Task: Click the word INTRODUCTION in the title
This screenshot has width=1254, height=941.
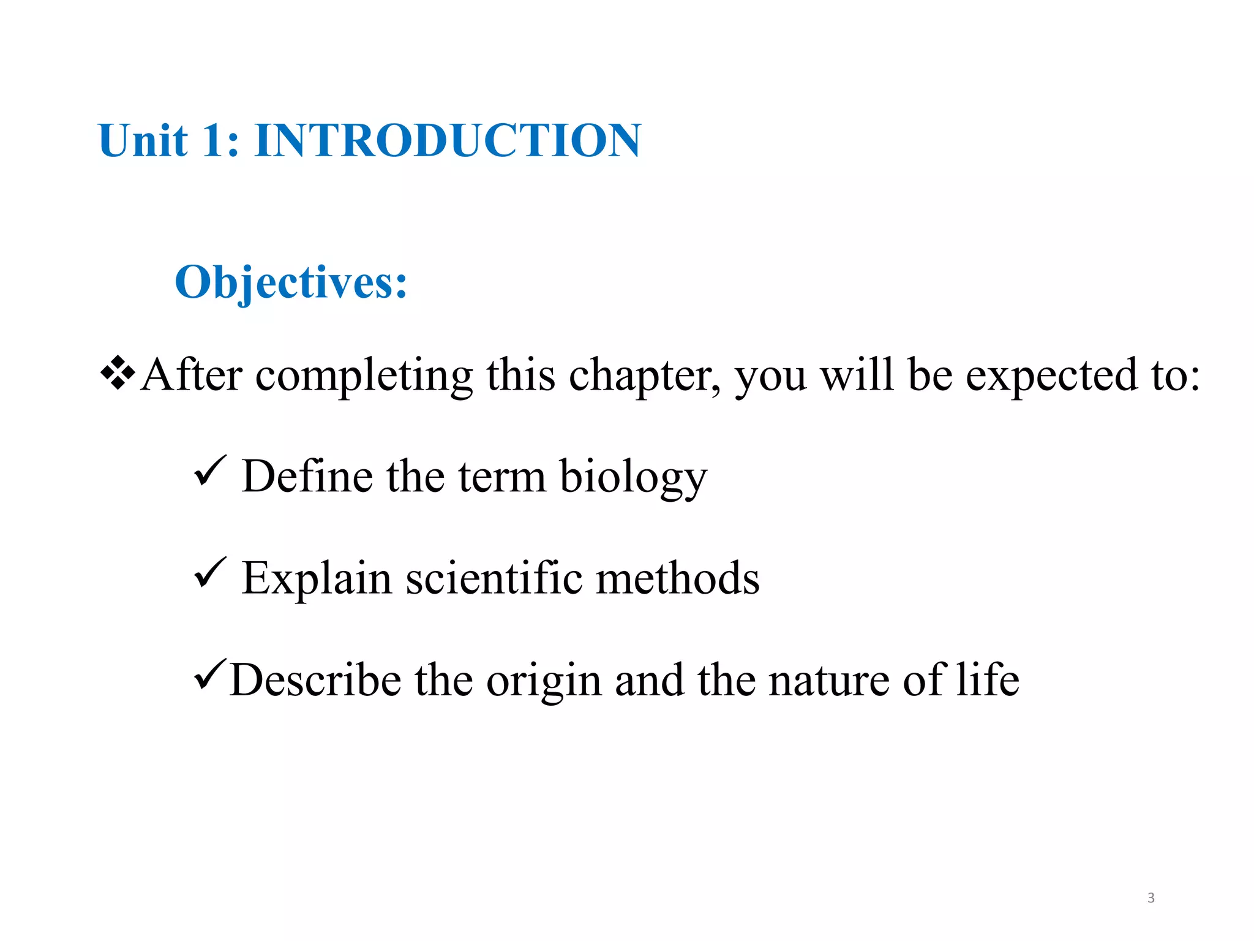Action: [x=448, y=140]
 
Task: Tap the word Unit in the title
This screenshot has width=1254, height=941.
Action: [x=142, y=140]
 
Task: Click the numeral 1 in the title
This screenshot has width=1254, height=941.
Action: [x=214, y=140]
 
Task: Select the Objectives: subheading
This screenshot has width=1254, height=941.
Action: [x=291, y=282]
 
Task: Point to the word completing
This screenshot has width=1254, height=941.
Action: [x=364, y=376]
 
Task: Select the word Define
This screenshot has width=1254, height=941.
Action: [x=307, y=476]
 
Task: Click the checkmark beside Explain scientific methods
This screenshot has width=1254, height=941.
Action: [x=210, y=572]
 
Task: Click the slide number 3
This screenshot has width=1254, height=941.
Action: [x=1151, y=898]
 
